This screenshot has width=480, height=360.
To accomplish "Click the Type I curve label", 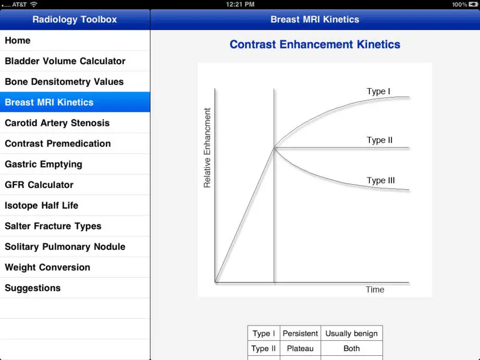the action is click(x=378, y=91).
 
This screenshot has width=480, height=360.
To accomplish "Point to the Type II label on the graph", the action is click(x=380, y=140).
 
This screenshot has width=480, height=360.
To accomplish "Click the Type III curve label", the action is click(x=381, y=181).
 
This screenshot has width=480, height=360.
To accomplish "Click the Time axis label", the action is click(x=375, y=290).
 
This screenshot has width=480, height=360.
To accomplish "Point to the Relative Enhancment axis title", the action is click(x=207, y=148).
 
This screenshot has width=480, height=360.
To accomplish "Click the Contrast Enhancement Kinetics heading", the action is click(x=315, y=44).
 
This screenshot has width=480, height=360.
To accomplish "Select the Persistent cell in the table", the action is click(x=301, y=333).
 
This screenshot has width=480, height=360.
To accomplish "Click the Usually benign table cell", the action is click(x=352, y=333).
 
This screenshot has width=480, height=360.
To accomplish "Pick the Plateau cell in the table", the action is click(x=301, y=349).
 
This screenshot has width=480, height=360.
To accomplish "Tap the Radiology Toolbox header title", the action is click(x=75, y=19).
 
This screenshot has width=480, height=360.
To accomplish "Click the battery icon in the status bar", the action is click(x=473, y=4).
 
